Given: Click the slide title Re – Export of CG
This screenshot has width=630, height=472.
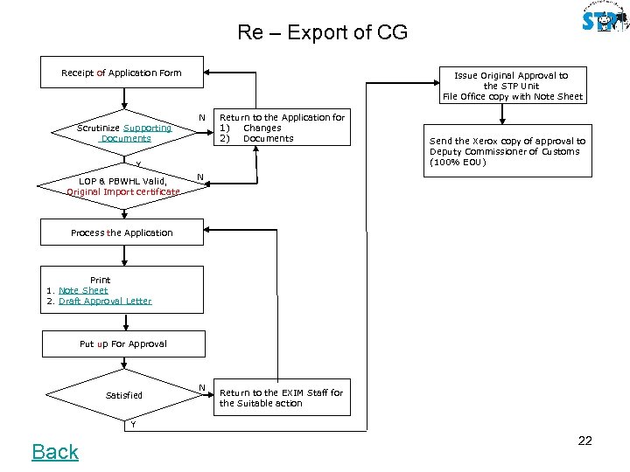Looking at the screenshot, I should click(x=322, y=34).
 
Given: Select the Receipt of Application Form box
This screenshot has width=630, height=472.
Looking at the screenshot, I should click(x=122, y=73).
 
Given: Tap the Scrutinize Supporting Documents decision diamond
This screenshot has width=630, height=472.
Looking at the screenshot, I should click(x=125, y=133).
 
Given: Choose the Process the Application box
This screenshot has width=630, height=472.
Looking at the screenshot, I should click(x=122, y=233).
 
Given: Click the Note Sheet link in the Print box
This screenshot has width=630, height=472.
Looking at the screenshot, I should click(x=83, y=290).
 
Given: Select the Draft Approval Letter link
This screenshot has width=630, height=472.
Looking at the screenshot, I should click(x=105, y=301).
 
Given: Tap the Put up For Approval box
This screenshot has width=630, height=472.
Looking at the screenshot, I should click(x=123, y=344).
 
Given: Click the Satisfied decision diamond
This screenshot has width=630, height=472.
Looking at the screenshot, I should click(x=124, y=395).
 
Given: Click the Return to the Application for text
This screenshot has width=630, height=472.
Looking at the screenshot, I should click(x=282, y=117).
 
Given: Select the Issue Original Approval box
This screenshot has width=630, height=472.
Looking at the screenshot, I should click(x=512, y=86).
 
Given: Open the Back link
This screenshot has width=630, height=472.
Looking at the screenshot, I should click(x=55, y=451).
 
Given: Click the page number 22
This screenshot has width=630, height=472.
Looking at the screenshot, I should click(x=584, y=441).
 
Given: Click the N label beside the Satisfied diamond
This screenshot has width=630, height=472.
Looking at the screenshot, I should click(x=202, y=387).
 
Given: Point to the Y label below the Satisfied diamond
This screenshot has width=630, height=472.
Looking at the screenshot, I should click(x=133, y=425).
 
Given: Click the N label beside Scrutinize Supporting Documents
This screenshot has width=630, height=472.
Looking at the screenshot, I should click(x=202, y=117).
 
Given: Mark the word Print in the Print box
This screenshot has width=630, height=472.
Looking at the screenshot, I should click(x=100, y=281).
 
